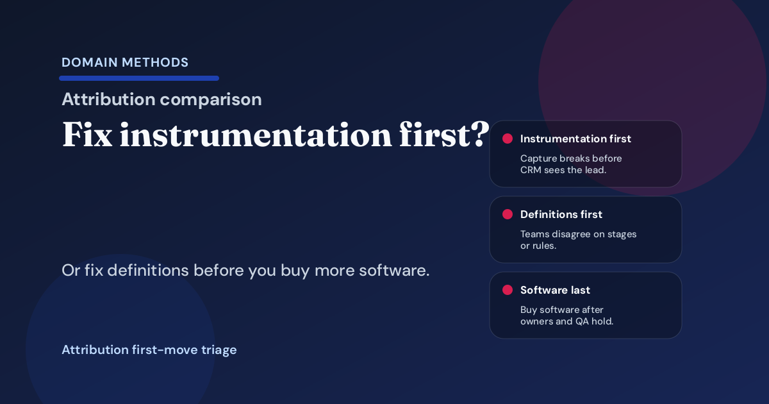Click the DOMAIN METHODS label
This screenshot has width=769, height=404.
(x=125, y=63)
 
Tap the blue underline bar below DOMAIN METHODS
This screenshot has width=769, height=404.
(x=139, y=78)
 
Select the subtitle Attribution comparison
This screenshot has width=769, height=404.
(x=161, y=99)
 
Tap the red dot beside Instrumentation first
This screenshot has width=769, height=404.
(x=508, y=139)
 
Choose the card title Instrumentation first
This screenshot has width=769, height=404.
(x=575, y=139)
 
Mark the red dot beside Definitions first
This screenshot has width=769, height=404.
(x=508, y=214)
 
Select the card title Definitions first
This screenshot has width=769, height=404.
(x=561, y=214)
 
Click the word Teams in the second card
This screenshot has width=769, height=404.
(x=534, y=234)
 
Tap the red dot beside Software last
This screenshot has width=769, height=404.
(x=508, y=290)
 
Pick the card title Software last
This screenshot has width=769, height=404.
(x=555, y=290)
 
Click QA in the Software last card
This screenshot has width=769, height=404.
(x=584, y=321)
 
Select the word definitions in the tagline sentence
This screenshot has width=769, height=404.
(x=146, y=271)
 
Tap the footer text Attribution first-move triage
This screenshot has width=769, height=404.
(x=149, y=350)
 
